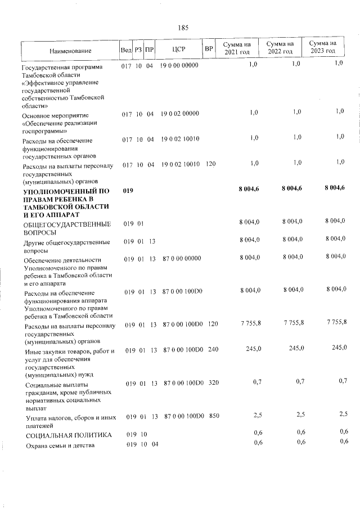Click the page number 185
(x=182, y=28)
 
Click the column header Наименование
(x=70, y=51)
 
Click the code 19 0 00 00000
(x=180, y=66)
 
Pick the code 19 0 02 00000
(x=180, y=114)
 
